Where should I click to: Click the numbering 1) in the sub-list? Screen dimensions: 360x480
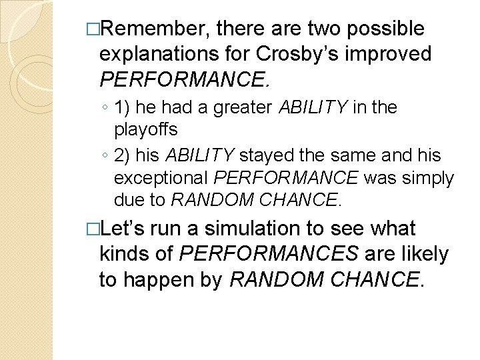(123, 107)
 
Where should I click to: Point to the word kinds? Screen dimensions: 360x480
(125, 254)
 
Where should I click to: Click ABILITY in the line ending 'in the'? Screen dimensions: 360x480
(312, 107)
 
